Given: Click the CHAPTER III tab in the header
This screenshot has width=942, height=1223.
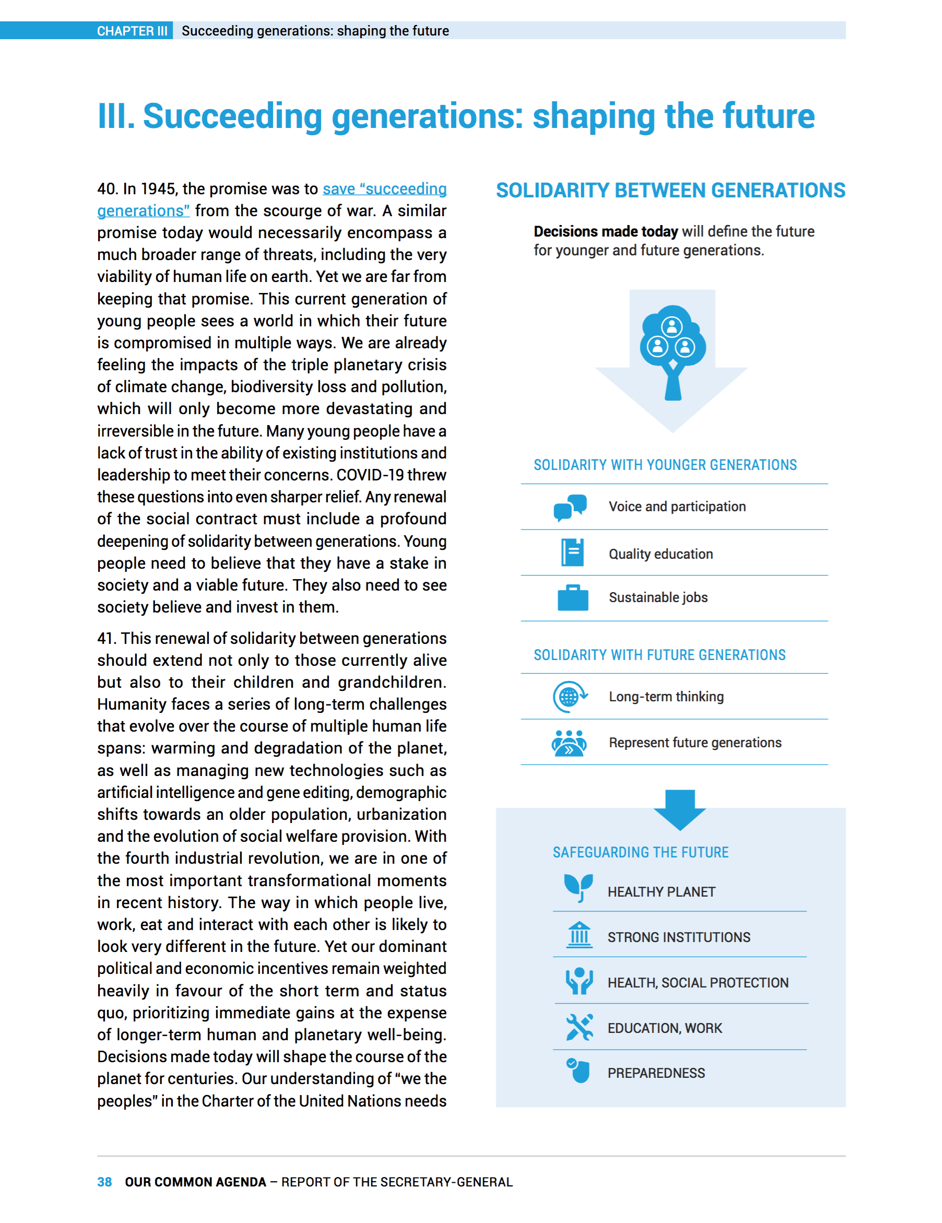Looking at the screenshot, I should point(132,31).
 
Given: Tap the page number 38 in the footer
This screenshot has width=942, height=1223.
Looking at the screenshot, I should point(104,1182).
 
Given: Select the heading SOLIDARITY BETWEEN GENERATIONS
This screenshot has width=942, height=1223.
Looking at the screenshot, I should point(670,191).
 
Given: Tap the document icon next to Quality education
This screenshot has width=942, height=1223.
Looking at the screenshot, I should point(572,552).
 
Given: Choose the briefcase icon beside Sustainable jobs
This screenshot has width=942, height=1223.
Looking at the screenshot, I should point(572,597).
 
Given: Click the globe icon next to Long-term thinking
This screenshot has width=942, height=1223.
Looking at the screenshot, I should point(570,697).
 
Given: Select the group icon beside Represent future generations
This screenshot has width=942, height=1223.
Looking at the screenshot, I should point(569,743).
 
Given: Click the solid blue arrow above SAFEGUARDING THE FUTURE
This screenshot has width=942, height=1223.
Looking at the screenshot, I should point(679,810).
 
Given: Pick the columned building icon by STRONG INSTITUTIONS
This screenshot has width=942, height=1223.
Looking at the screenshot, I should point(579,935).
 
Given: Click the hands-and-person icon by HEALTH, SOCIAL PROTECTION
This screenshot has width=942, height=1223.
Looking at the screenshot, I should point(579,981).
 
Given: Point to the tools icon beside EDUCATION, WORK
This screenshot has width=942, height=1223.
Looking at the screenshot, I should point(579,1027).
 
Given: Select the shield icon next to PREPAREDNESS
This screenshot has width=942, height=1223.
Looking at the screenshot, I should point(579,1071).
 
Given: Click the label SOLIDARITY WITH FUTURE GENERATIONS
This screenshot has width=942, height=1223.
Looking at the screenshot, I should point(659,655).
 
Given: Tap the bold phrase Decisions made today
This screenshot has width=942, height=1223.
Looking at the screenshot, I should point(605,231).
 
